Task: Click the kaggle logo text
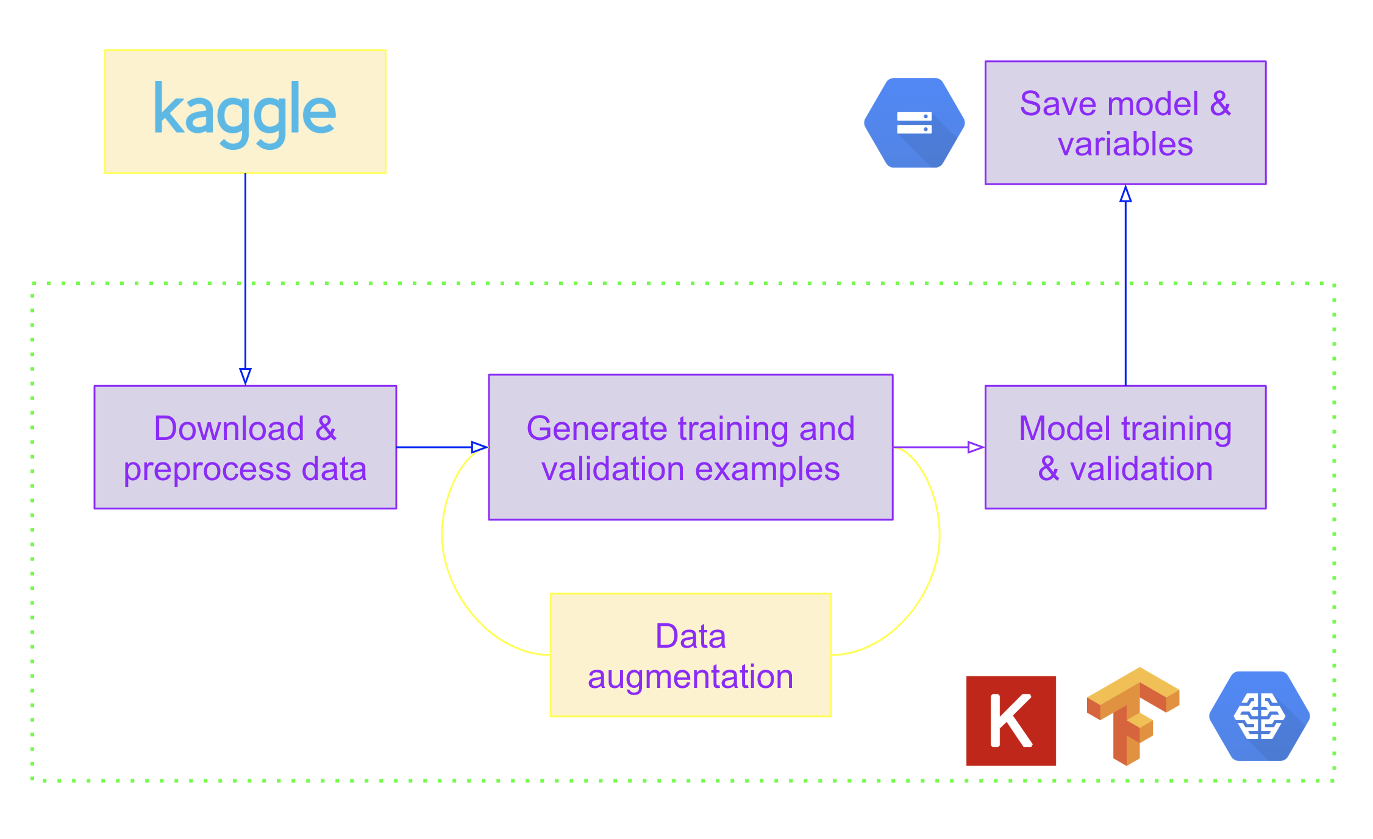coord(244,114)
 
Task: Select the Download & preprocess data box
coord(245,447)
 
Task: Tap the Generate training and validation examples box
coord(690,447)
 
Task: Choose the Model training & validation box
coord(1125,447)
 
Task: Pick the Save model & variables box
coord(1125,122)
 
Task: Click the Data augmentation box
coord(690,654)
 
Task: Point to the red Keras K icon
coord(1010,720)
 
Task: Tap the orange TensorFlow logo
coord(1132,715)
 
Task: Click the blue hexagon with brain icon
coord(1259,716)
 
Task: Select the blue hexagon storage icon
coord(914,122)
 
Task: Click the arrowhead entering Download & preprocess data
coord(245,376)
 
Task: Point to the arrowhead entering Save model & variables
coord(1125,194)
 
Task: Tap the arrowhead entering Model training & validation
coord(975,447)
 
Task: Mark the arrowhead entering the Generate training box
coord(479,447)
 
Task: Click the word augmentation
coord(690,676)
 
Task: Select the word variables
coord(1125,144)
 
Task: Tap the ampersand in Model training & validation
coord(1048,469)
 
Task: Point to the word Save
coord(1049,104)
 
